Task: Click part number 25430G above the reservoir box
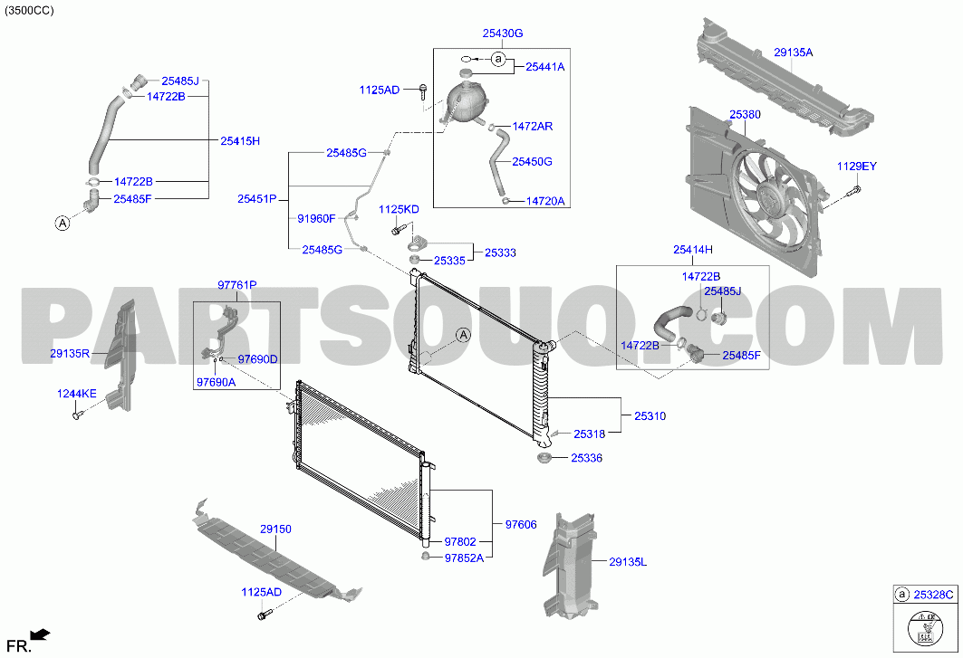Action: [x=503, y=33]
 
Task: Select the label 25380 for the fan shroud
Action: [x=745, y=115]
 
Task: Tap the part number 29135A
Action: [x=793, y=52]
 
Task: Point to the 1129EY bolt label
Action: [x=857, y=167]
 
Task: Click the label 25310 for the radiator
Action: [x=650, y=416]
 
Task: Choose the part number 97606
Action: [x=521, y=525]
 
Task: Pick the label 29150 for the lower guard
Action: [x=275, y=529]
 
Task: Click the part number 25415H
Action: [x=239, y=141]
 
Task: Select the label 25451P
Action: [x=256, y=199]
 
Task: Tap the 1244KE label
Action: [x=77, y=394]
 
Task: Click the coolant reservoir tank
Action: [x=467, y=99]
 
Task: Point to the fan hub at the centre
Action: [x=767, y=195]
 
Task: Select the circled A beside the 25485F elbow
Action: [x=63, y=224]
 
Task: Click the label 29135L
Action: [x=629, y=562]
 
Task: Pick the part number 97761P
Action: [x=237, y=285]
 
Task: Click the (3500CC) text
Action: [x=29, y=11]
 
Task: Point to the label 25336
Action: [x=586, y=459]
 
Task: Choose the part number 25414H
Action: [x=693, y=250]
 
